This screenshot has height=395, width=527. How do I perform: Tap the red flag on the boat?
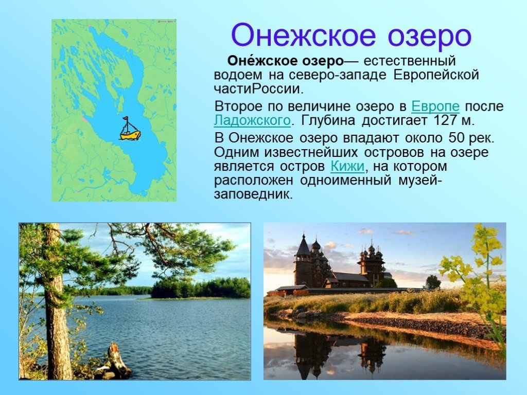126,118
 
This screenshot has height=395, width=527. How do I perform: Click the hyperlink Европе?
435,106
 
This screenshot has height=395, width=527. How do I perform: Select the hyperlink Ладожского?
252,120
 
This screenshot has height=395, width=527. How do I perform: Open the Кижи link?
347,166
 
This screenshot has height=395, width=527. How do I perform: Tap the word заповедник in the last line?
253,194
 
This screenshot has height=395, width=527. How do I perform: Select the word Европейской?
436,75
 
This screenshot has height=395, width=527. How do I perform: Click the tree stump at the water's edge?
118,360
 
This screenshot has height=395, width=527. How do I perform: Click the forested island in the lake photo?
201,288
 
